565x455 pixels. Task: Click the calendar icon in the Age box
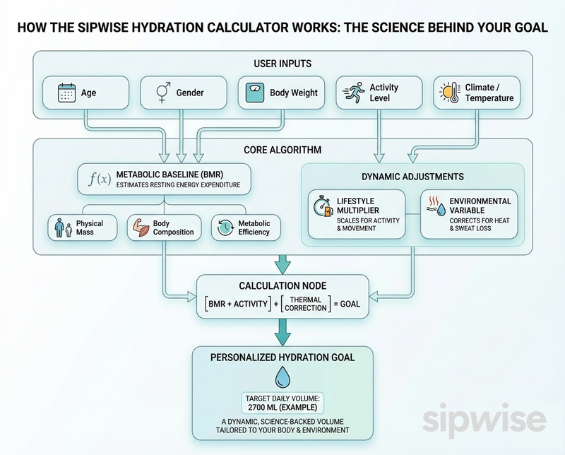click(x=66, y=92)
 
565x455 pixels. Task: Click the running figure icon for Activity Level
click(x=352, y=92)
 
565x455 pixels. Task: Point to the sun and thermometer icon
click(x=448, y=93)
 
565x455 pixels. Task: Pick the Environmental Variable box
click(x=468, y=213)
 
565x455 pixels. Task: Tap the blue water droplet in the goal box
click(x=282, y=374)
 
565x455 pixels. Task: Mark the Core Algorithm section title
click(x=282, y=150)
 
